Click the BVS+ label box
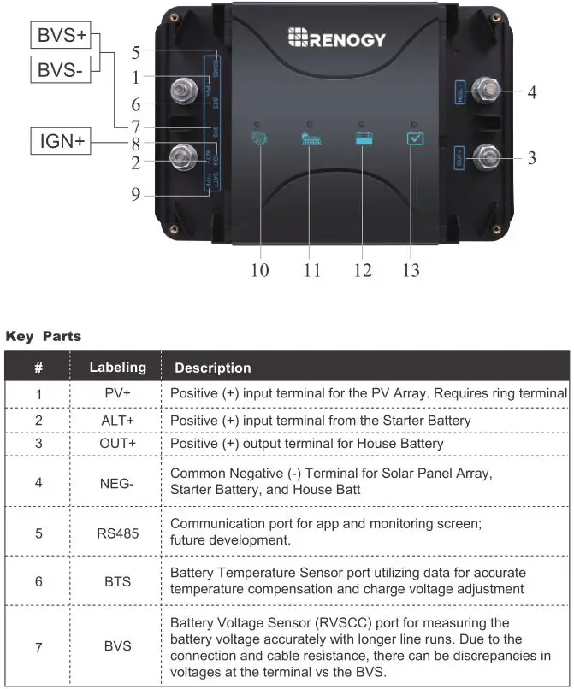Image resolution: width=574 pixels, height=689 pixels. coord(59,36)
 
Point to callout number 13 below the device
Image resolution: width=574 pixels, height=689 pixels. coord(411,270)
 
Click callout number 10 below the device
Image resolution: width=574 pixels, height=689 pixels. coord(260,270)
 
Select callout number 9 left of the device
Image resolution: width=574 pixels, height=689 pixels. coord(135,195)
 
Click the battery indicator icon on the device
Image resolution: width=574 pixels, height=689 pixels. coord(363,138)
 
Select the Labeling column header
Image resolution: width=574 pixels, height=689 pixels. coord(118,368)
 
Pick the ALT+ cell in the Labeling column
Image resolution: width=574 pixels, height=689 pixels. coord(118,421)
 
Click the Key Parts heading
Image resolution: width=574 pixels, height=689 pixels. coord(44,336)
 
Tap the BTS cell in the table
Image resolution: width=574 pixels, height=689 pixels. coord(118,580)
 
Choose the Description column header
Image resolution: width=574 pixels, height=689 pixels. coord(213,368)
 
